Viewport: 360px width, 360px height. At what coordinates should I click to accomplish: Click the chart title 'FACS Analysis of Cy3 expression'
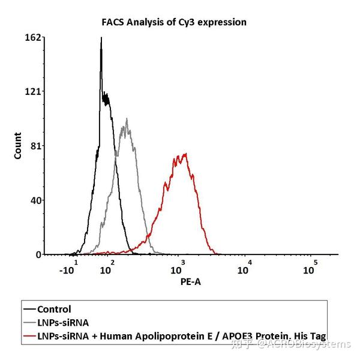173,22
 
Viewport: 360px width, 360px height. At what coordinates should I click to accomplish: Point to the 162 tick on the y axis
33,37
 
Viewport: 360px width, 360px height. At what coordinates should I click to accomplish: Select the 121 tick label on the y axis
33,91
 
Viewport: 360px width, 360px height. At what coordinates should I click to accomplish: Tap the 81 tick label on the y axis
35,146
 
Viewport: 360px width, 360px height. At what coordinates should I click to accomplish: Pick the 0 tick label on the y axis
38,254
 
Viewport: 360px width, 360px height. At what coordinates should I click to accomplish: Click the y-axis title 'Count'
17,146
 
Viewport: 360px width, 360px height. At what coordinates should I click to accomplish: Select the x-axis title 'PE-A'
190,281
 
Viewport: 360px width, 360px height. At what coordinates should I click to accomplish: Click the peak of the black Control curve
101,38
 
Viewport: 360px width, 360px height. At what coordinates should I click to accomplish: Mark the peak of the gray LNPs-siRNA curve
126,119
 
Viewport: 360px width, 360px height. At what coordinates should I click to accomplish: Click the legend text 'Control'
54,310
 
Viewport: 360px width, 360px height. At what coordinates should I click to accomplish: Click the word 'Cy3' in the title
193,22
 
